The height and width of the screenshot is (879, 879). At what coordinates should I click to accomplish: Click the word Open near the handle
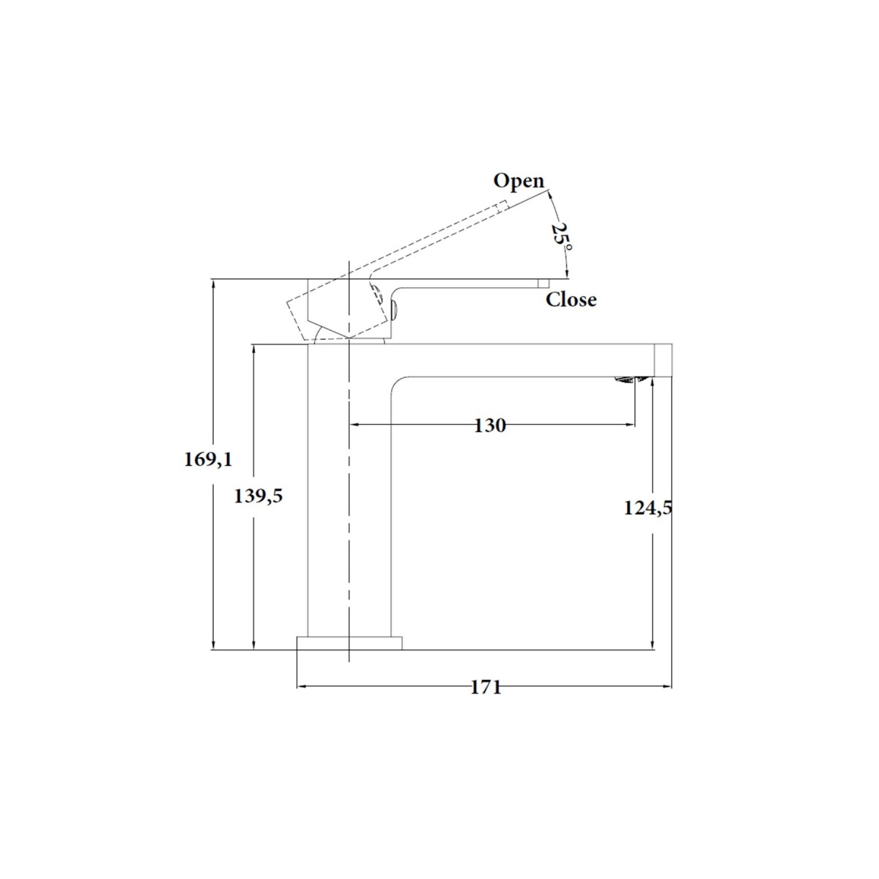(519, 182)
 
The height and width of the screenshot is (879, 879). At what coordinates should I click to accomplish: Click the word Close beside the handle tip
(571, 300)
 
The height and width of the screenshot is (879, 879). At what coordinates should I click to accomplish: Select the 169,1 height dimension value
(208, 459)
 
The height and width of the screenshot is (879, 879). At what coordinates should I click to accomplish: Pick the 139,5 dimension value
(258, 496)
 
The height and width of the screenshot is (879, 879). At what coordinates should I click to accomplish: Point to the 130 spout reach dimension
(490, 426)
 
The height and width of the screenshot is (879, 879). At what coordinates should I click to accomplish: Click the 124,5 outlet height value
(648, 508)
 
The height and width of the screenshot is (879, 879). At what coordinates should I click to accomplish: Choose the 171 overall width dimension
(486, 687)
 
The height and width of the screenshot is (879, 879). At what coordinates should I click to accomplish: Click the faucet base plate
(349, 643)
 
